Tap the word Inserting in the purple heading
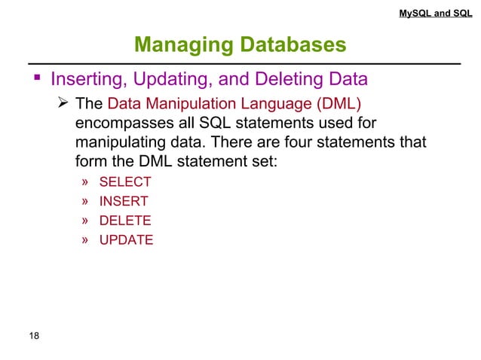click(x=84, y=78)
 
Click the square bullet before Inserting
click(x=35, y=78)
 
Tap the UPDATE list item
click(x=126, y=240)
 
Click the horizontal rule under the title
click(x=240, y=64)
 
